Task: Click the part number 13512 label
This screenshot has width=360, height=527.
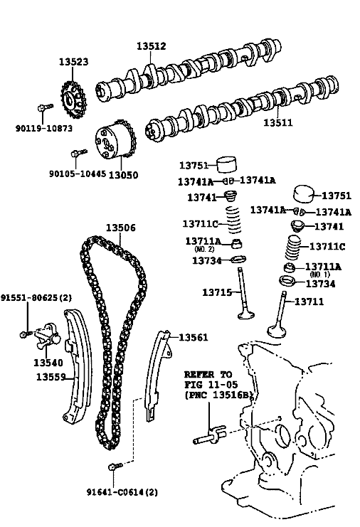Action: (152, 46)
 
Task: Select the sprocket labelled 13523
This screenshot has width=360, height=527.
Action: (73, 100)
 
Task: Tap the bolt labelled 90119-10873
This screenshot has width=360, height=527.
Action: (45, 107)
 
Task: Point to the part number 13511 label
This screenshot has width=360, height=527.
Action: (278, 122)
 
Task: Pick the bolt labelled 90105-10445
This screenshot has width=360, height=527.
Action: (79, 153)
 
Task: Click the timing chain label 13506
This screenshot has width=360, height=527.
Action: (121, 228)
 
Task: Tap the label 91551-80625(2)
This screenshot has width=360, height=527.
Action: (36, 297)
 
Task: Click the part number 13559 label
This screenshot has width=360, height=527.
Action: (51, 377)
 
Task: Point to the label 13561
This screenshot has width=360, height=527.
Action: (194, 337)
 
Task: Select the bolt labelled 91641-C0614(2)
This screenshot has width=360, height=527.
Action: (115, 466)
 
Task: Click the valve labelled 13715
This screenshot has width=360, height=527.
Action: (244, 293)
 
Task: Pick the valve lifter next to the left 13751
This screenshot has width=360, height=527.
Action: (226, 164)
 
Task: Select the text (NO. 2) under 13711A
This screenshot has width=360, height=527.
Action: (204, 250)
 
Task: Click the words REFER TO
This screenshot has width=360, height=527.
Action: (208, 374)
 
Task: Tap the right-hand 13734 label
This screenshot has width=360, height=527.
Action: (320, 284)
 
